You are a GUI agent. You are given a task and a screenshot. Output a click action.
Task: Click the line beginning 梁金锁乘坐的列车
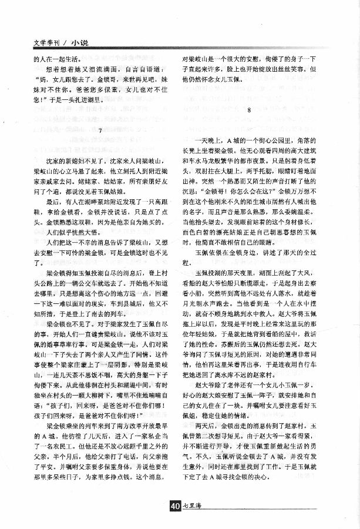[x=106, y=424]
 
